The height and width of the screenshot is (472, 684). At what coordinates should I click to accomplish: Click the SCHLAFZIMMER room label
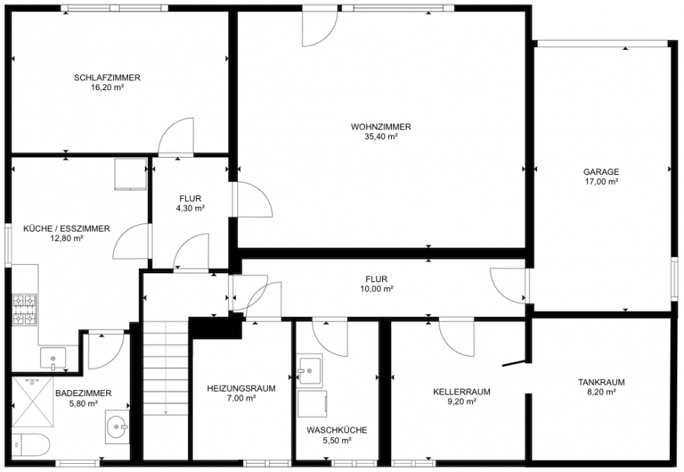pos(107,77)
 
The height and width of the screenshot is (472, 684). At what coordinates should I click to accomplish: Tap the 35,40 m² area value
pos(381,136)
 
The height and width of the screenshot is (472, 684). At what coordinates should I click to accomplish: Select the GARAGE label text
pos(601,171)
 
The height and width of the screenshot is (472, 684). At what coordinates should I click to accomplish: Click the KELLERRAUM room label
pos(462,391)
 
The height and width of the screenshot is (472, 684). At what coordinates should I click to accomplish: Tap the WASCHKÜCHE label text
pos(336,430)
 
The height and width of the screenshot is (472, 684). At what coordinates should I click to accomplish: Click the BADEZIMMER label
pos(83,393)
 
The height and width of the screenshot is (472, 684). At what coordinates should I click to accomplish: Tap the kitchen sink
pos(53,358)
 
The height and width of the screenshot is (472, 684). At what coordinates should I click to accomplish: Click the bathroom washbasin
pos(117,427)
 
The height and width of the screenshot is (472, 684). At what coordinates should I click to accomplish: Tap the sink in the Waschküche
pos(309,369)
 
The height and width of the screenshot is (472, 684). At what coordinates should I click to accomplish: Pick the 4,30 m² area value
pos(191,208)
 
